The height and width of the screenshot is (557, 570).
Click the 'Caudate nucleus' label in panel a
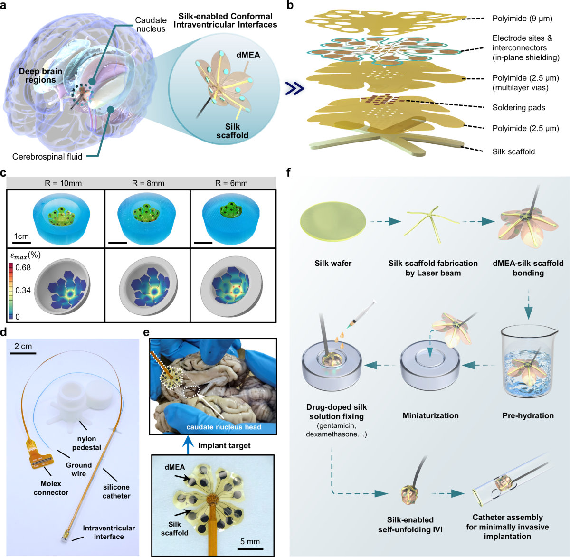tap(151, 24)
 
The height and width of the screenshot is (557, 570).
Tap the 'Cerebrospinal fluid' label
tap(47, 157)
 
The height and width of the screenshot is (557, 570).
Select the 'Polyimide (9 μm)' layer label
tap(522, 19)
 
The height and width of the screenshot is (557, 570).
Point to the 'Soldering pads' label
tap(519, 107)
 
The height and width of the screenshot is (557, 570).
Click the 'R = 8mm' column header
tap(148, 183)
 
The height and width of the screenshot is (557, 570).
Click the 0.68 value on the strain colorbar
tap(23, 267)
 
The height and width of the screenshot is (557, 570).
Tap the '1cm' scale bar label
tap(21, 236)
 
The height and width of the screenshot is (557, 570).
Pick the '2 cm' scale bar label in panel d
tap(23, 346)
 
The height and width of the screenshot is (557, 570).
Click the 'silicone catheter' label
tap(116, 491)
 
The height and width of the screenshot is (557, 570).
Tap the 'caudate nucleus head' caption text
tap(224, 427)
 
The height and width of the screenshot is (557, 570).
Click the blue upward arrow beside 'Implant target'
tap(188, 444)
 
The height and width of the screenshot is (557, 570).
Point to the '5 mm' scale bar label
tap(250, 541)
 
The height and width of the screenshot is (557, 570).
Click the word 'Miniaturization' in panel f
tap(430, 415)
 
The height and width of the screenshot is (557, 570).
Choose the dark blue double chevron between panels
tap(294, 88)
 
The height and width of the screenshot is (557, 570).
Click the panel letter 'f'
tap(288, 172)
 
